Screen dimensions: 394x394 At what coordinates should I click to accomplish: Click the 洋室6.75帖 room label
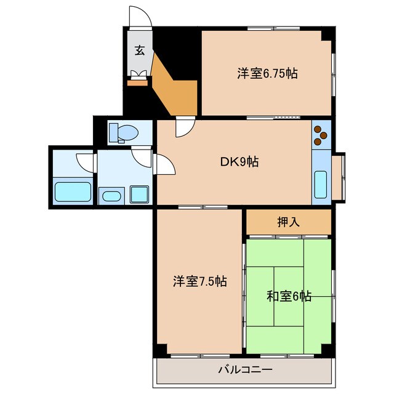point(268,73)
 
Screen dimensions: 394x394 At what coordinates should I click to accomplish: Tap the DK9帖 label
point(239,162)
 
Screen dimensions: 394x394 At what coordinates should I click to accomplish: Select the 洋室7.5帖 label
point(199,281)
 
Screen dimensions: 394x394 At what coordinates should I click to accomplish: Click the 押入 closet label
point(288,222)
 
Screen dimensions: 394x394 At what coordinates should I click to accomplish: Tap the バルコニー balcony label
point(244,371)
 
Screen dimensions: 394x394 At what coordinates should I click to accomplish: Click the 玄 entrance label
point(139,51)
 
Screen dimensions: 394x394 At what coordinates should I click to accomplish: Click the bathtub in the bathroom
point(73,191)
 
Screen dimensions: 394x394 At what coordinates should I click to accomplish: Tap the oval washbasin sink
point(111,196)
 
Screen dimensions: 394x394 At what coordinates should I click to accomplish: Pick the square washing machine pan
point(139,195)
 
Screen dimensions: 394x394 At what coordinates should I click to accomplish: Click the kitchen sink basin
point(321,183)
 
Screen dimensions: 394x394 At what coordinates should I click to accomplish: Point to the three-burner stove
point(321,136)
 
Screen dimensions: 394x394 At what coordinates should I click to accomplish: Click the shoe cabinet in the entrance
point(138,75)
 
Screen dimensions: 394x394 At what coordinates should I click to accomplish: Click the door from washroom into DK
point(164,164)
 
